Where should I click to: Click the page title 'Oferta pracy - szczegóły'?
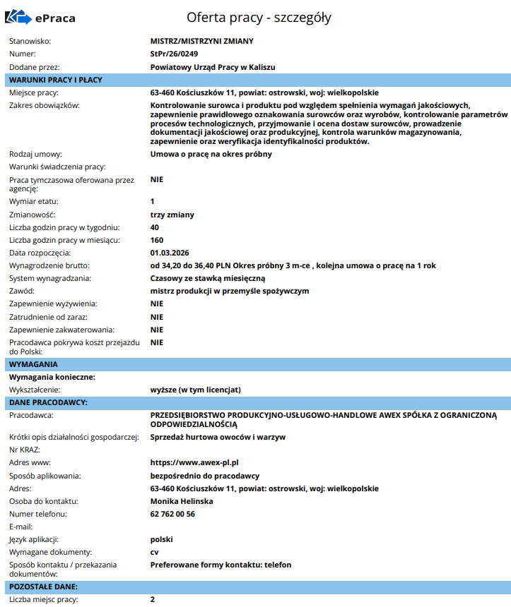[259, 18]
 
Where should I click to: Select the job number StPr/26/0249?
[175, 54]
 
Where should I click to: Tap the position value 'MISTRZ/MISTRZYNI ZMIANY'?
[201, 41]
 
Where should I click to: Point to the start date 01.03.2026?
[170, 253]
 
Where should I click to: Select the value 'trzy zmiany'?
[172, 214]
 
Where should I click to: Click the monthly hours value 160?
[158, 240]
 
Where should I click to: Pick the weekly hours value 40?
[155, 227]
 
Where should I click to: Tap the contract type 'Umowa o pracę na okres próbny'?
[211, 154]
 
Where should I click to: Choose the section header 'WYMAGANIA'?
[33, 364]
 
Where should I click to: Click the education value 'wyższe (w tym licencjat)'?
[196, 390]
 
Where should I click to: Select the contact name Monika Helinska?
[182, 501]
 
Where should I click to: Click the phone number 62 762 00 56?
[172, 514]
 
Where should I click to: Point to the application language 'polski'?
[161, 539]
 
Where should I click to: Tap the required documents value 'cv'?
[155, 552]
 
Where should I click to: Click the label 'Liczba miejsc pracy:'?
[43, 599]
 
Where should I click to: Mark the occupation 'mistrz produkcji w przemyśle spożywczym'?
[230, 291]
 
